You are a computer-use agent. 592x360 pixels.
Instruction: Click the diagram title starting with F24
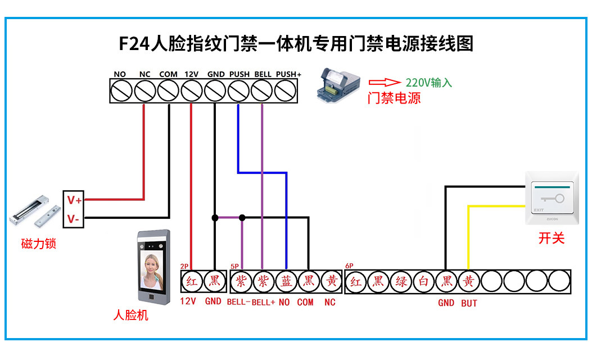coord(296,43)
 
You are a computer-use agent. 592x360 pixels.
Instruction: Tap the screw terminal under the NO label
coord(121,90)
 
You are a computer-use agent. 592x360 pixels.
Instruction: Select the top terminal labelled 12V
coord(192,90)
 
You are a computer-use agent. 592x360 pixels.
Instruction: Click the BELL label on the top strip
coord(263,74)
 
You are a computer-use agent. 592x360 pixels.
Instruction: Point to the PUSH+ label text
coord(289,74)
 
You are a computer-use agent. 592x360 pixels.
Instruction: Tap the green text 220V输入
coord(429,83)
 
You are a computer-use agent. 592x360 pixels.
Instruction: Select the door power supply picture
coord(337,86)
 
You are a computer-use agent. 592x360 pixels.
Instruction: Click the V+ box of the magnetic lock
coord(74,200)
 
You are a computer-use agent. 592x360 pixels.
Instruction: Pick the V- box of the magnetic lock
coord(74,218)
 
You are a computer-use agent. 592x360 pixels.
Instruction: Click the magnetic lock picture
coord(35,211)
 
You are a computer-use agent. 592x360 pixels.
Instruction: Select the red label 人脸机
coord(130,315)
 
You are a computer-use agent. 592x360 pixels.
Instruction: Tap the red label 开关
coord(551,238)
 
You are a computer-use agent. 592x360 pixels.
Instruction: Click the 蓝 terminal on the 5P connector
coord(286,281)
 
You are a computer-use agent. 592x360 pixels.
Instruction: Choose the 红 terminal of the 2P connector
coord(192,281)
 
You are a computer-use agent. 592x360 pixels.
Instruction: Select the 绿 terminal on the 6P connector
coord(401,281)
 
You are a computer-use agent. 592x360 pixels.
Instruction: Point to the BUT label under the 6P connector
coord(469,303)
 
